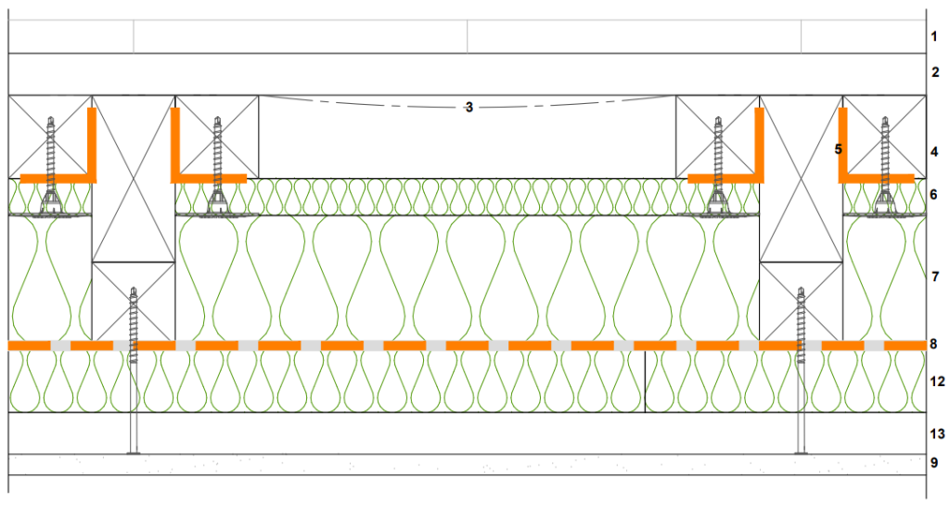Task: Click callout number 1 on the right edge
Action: [x=935, y=37]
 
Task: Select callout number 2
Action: [x=935, y=71]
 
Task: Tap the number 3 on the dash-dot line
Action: [x=469, y=108]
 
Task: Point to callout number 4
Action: [x=935, y=151]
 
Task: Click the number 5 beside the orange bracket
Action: [x=838, y=149]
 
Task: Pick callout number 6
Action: [x=935, y=195]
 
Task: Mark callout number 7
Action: [x=935, y=277]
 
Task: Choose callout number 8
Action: [x=935, y=344]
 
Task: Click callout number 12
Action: [x=937, y=382]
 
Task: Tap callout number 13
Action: [x=937, y=434]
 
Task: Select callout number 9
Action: [x=935, y=463]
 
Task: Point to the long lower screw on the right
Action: [x=802, y=371]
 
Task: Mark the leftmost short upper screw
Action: [x=50, y=163]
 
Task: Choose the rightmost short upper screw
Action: [x=885, y=163]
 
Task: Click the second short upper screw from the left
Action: [x=218, y=163]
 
